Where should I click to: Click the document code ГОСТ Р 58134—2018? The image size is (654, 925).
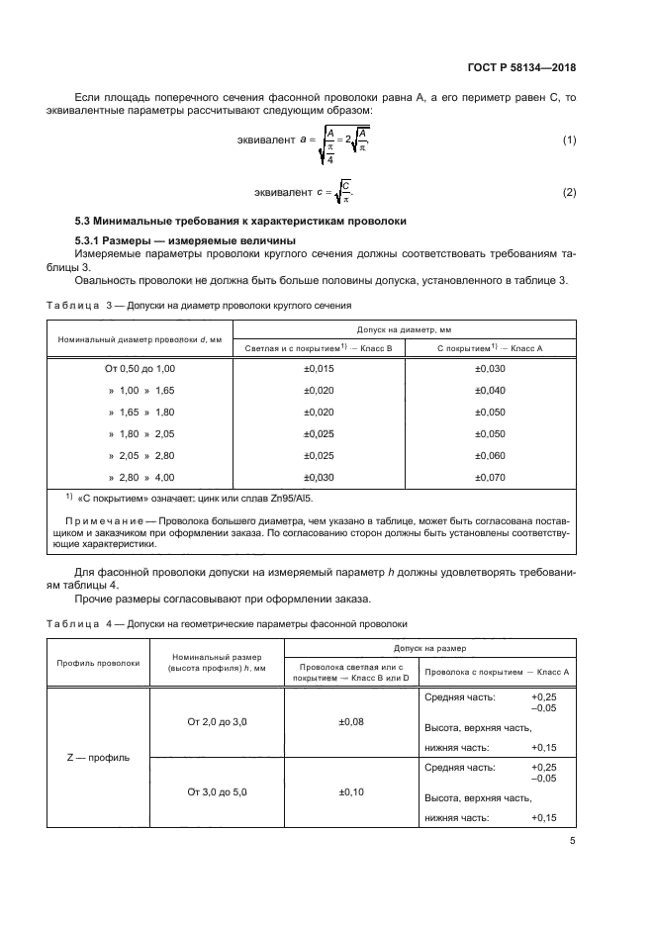tap(522, 68)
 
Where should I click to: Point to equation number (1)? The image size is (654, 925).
tap(569, 140)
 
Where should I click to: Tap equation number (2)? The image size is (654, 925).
tap(569, 192)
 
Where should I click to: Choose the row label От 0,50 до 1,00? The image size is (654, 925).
tap(140, 369)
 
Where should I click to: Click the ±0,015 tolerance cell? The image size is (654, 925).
tap(318, 369)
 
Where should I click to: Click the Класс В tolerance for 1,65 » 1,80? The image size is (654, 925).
tap(318, 412)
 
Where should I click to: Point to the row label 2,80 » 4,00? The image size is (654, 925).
tap(140, 477)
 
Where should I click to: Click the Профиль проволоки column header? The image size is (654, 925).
tap(98, 663)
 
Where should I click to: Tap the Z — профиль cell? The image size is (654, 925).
tap(98, 758)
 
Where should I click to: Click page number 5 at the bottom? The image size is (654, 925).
tap(572, 842)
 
